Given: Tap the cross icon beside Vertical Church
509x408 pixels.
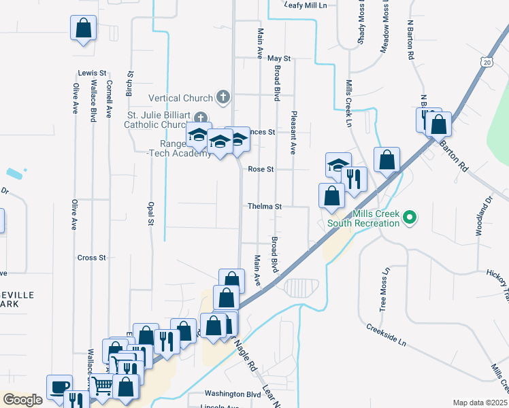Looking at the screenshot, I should click(x=222, y=97).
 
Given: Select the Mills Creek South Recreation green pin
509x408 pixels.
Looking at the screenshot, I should click(x=409, y=219).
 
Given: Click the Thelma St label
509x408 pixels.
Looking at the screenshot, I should click(x=265, y=206).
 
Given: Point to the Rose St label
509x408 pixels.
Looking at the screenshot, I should click(x=261, y=169).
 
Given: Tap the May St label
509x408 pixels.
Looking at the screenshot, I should click(x=279, y=59).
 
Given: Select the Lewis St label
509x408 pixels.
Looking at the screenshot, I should click(x=93, y=72).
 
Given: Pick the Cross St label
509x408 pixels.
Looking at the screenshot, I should click(x=92, y=258).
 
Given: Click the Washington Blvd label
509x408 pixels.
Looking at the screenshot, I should click(x=233, y=394).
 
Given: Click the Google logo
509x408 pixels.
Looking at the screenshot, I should click(x=23, y=400).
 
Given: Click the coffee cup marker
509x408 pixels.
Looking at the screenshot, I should click(x=58, y=386).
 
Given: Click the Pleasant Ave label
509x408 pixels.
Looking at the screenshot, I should click(x=294, y=133).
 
